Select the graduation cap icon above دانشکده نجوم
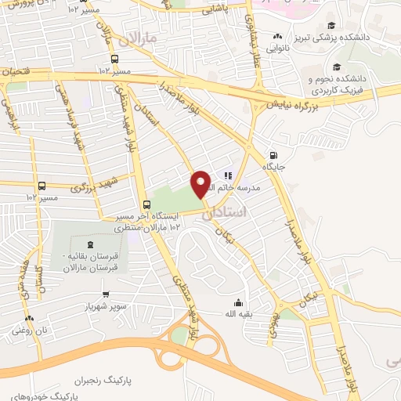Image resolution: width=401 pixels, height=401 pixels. click(x=336, y=67)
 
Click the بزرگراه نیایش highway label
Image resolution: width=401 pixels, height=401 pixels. click(x=291, y=102)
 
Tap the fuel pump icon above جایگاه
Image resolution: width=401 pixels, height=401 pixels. click(x=273, y=154)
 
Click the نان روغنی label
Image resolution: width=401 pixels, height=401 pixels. click(x=30, y=331)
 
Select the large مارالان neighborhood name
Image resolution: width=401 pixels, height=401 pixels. click(x=141, y=38)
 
